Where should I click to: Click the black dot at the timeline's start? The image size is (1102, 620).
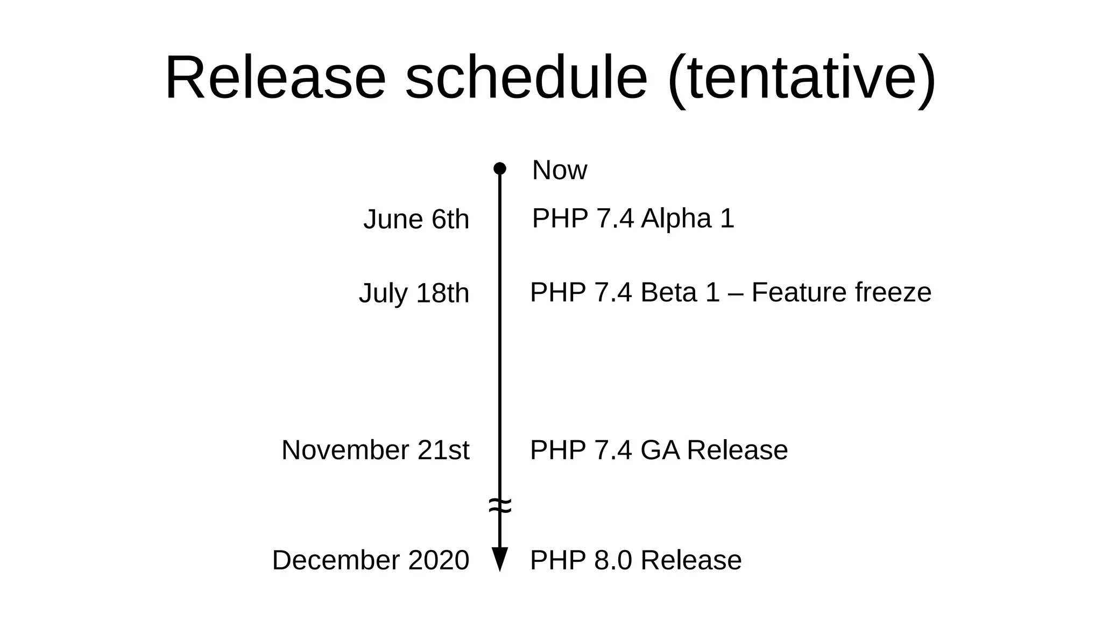[500, 168]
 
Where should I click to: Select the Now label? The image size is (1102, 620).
[559, 170]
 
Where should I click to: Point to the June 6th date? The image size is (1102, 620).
[416, 220]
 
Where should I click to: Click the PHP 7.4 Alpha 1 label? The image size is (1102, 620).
[633, 219]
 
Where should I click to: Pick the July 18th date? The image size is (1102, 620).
[414, 293]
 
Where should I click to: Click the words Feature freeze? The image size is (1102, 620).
[841, 292]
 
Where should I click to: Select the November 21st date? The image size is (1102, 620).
[375, 450]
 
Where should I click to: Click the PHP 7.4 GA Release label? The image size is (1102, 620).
[659, 450]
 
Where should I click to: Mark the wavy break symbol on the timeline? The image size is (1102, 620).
[500, 506]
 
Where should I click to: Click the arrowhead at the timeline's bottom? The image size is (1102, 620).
[500, 559]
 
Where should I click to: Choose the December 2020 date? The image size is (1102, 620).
[370, 560]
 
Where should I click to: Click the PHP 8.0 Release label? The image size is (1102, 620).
[635, 560]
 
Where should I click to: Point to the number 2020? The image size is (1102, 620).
[439, 560]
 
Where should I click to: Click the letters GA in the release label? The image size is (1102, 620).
[660, 450]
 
